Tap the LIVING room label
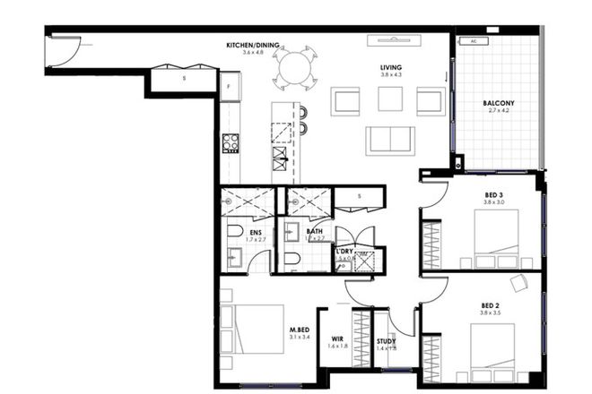point(390,68)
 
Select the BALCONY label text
point(498,104)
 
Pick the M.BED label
point(300,330)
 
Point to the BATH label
point(314,231)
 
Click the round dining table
point(296,68)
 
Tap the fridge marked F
point(230,86)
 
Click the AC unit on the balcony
point(467,41)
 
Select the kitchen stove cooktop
point(231,141)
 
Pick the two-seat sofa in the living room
point(389,141)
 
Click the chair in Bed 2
point(518,283)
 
